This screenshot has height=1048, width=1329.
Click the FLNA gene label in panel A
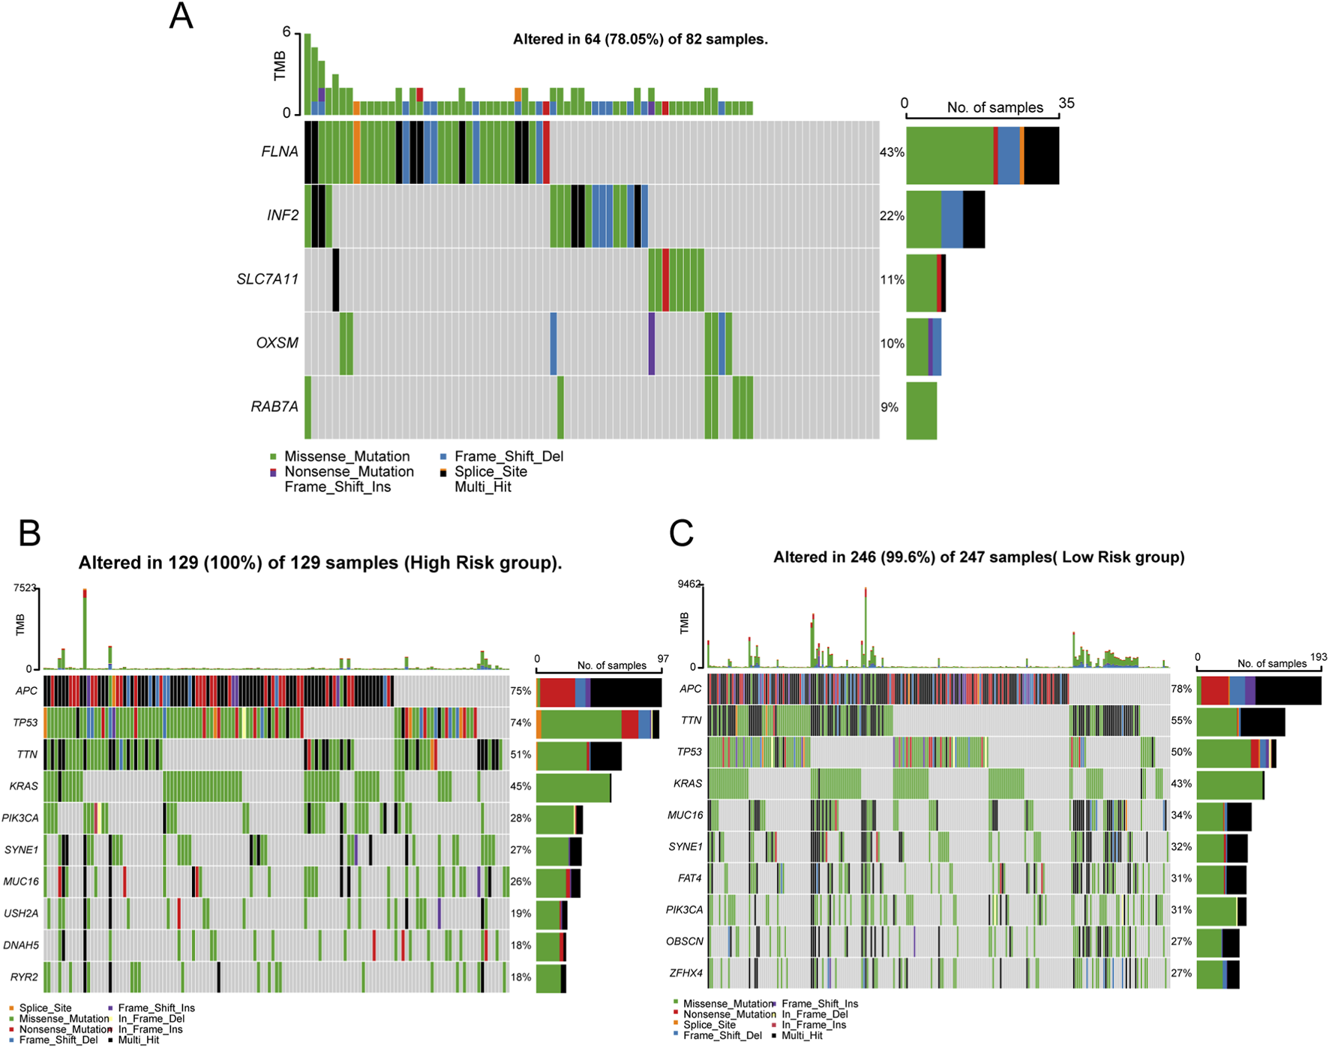(x=279, y=152)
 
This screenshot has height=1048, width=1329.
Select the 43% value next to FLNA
(x=892, y=152)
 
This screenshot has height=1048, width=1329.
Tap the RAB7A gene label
(x=274, y=407)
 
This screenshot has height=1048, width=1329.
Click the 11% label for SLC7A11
(x=892, y=280)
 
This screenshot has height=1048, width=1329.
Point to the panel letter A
(x=181, y=17)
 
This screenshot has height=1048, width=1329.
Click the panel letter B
(x=29, y=533)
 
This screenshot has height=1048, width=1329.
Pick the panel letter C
(x=681, y=533)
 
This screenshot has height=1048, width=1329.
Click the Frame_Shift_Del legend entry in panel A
(x=508, y=456)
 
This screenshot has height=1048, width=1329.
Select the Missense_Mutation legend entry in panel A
(x=346, y=456)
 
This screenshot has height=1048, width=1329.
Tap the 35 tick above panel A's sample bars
(x=1066, y=104)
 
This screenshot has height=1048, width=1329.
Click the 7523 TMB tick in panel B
(x=24, y=588)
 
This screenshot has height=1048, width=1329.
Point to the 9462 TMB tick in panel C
(x=688, y=584)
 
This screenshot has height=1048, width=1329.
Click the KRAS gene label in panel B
(x=23, y=786)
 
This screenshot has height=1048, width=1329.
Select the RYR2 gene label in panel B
(x=24, y=977)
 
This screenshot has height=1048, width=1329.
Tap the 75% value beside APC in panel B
(x=520, y=691)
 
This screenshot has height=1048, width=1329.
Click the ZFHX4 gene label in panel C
(x=685, y=973)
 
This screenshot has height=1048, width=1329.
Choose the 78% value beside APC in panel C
(x=1181, y=689)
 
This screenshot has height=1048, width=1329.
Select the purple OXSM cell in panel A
(x=652, y=344)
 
